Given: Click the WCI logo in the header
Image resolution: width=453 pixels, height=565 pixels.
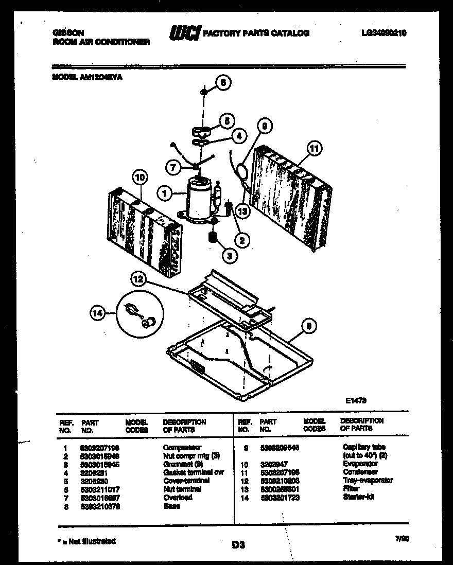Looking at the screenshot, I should (184, 33).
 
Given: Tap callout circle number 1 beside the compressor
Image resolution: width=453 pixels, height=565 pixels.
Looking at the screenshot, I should (165, 194).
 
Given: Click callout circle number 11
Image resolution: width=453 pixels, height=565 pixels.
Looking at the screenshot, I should (313, 149).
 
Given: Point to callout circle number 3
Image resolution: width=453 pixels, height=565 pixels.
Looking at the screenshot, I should (231, 254).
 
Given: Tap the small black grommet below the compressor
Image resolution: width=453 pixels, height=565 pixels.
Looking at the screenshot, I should (211, 238).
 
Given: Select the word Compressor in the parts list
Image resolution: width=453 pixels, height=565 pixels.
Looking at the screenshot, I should (182, 448).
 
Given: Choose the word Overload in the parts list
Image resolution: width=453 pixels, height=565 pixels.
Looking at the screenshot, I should (178, 498).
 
